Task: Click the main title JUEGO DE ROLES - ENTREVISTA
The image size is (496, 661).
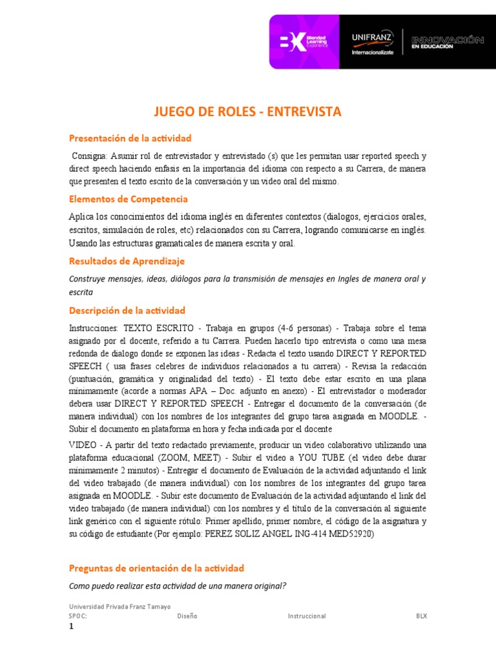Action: coord(247,112)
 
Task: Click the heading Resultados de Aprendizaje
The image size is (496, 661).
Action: coord(127,261)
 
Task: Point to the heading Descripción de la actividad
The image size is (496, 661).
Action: coord(127,310)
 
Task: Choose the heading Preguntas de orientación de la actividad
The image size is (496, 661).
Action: coord(156,568)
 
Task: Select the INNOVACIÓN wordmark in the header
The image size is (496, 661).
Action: coord(447,40)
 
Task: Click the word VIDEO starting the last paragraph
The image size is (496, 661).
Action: coord(82,445)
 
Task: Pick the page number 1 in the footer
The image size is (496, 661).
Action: coord(71,626)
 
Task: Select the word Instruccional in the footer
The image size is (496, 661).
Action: coord(307,616)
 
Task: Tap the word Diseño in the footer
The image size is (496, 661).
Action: coord(187,616)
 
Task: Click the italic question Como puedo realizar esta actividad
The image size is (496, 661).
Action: coord(178,585)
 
